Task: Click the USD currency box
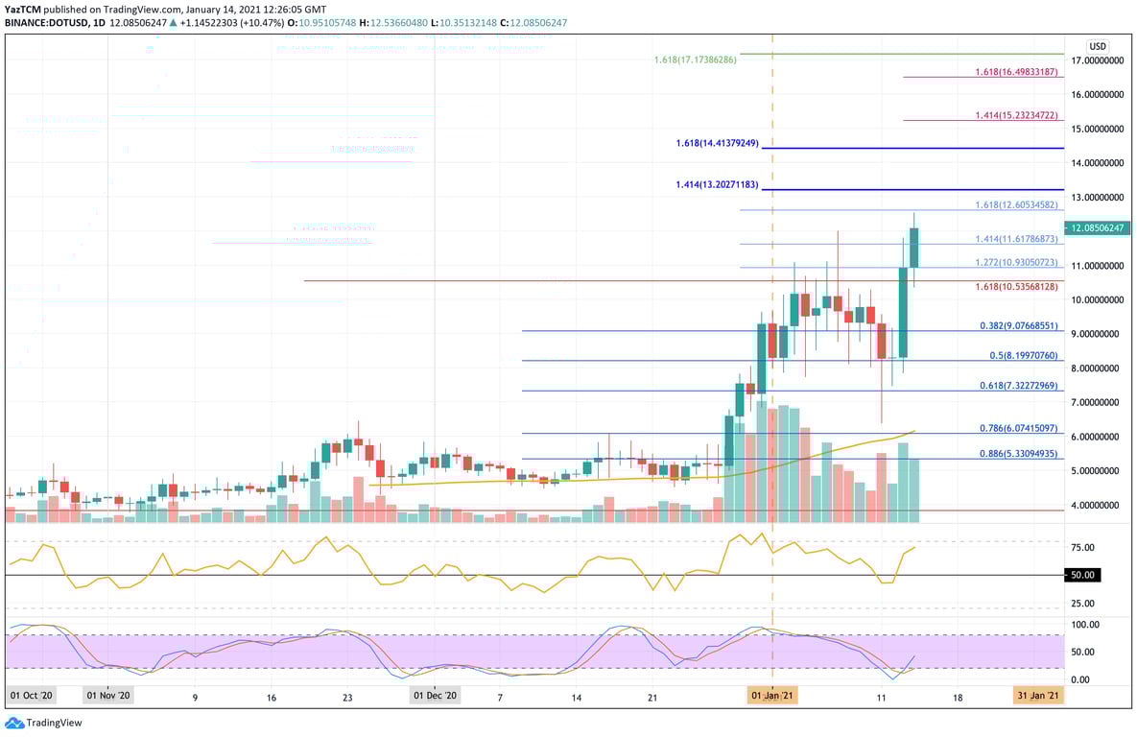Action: (1098, 46)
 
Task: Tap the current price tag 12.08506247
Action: (1099, 228)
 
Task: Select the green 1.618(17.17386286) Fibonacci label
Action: (696, 59)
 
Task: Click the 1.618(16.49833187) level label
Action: (1015, 72)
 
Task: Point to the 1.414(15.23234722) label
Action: (1015, 115)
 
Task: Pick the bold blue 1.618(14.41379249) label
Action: (717, 143)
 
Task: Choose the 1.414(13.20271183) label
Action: (717, 184)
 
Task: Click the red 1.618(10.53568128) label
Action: (1015, 286)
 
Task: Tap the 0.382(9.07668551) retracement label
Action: (1018, 325)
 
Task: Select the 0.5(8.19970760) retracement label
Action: (1022, 355)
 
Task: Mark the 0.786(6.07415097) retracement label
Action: (1018, 428)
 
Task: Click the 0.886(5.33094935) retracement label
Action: (1018, 453)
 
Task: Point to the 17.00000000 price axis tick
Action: (1098, 60)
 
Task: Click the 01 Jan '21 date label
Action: (772, 695)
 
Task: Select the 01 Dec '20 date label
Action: (436, 695)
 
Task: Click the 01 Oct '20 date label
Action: (34, 695)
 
